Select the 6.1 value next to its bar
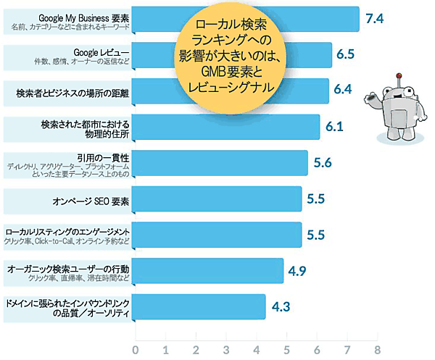(334, 127)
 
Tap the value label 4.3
(281, 306)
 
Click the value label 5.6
(323, 162)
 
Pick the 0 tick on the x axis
(136, 350)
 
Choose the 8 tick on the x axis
(377, 350)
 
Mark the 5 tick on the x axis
(287, 350)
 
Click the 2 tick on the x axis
(196, 350)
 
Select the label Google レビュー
(101, 52)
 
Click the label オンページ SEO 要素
(90, 198)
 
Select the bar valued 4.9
(210, 271)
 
